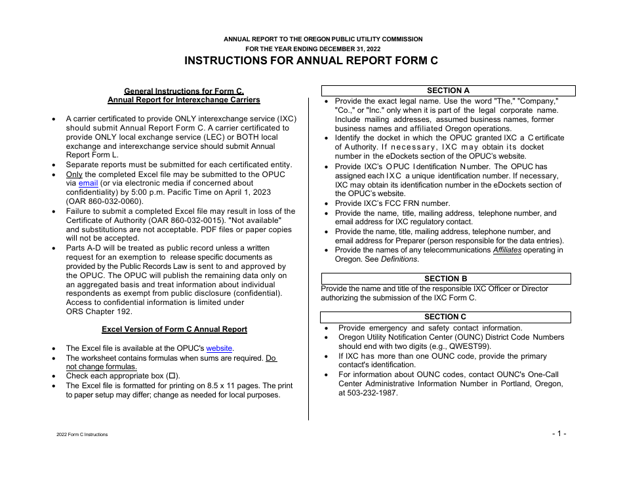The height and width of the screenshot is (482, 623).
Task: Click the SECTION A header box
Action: (448, 90)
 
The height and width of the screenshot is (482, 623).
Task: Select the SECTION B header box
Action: (445, 279)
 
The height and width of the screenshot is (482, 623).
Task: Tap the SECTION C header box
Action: (445, 317)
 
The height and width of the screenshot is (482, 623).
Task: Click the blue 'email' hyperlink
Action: (88, 184)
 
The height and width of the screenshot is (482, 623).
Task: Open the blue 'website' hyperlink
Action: (219, 348)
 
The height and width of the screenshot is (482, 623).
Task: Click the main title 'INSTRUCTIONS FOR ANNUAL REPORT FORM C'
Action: (311, 61)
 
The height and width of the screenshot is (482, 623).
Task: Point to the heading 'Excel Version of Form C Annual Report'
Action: (174, 329)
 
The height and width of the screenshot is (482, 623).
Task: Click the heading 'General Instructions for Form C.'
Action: (184, 91)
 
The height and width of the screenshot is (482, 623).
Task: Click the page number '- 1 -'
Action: (558, 433)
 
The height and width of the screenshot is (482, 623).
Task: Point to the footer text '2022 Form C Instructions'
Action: (83, 435)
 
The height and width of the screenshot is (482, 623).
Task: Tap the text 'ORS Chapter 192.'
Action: (99, 311)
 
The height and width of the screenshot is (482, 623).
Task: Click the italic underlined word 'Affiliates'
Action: (507, 250)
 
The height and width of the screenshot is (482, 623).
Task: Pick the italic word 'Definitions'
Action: (399, 259)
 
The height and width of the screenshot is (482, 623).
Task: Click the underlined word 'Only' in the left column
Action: (74, 174)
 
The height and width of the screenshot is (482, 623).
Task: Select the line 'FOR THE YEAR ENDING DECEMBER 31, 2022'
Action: (311, 49)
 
